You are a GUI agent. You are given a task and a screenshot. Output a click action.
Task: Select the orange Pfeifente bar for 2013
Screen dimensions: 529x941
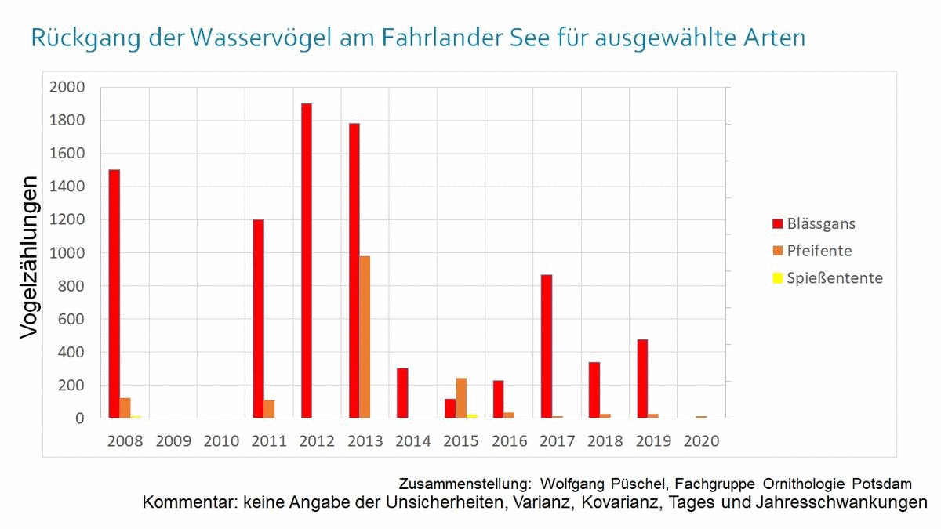click(365, 337)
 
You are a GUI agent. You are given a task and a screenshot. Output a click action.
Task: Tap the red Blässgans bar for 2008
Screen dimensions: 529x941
click(114, 294)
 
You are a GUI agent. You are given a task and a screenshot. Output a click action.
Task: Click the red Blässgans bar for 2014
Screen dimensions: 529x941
click(402, 393)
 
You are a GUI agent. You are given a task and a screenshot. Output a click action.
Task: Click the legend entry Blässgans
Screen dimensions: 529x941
click(821, 224)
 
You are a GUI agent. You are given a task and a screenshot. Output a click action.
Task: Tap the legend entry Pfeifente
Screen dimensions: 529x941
click(819, 251)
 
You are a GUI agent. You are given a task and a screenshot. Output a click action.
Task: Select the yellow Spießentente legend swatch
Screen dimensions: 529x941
click(778, 278)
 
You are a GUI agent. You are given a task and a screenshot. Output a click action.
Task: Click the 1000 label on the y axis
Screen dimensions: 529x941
click(67, 253)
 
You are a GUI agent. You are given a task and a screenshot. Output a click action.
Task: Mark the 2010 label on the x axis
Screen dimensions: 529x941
click(221, 441)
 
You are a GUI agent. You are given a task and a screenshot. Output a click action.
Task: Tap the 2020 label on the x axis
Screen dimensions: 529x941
click(701, 441)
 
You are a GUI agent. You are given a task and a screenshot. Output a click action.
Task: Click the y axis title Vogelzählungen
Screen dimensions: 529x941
click(29, 257)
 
